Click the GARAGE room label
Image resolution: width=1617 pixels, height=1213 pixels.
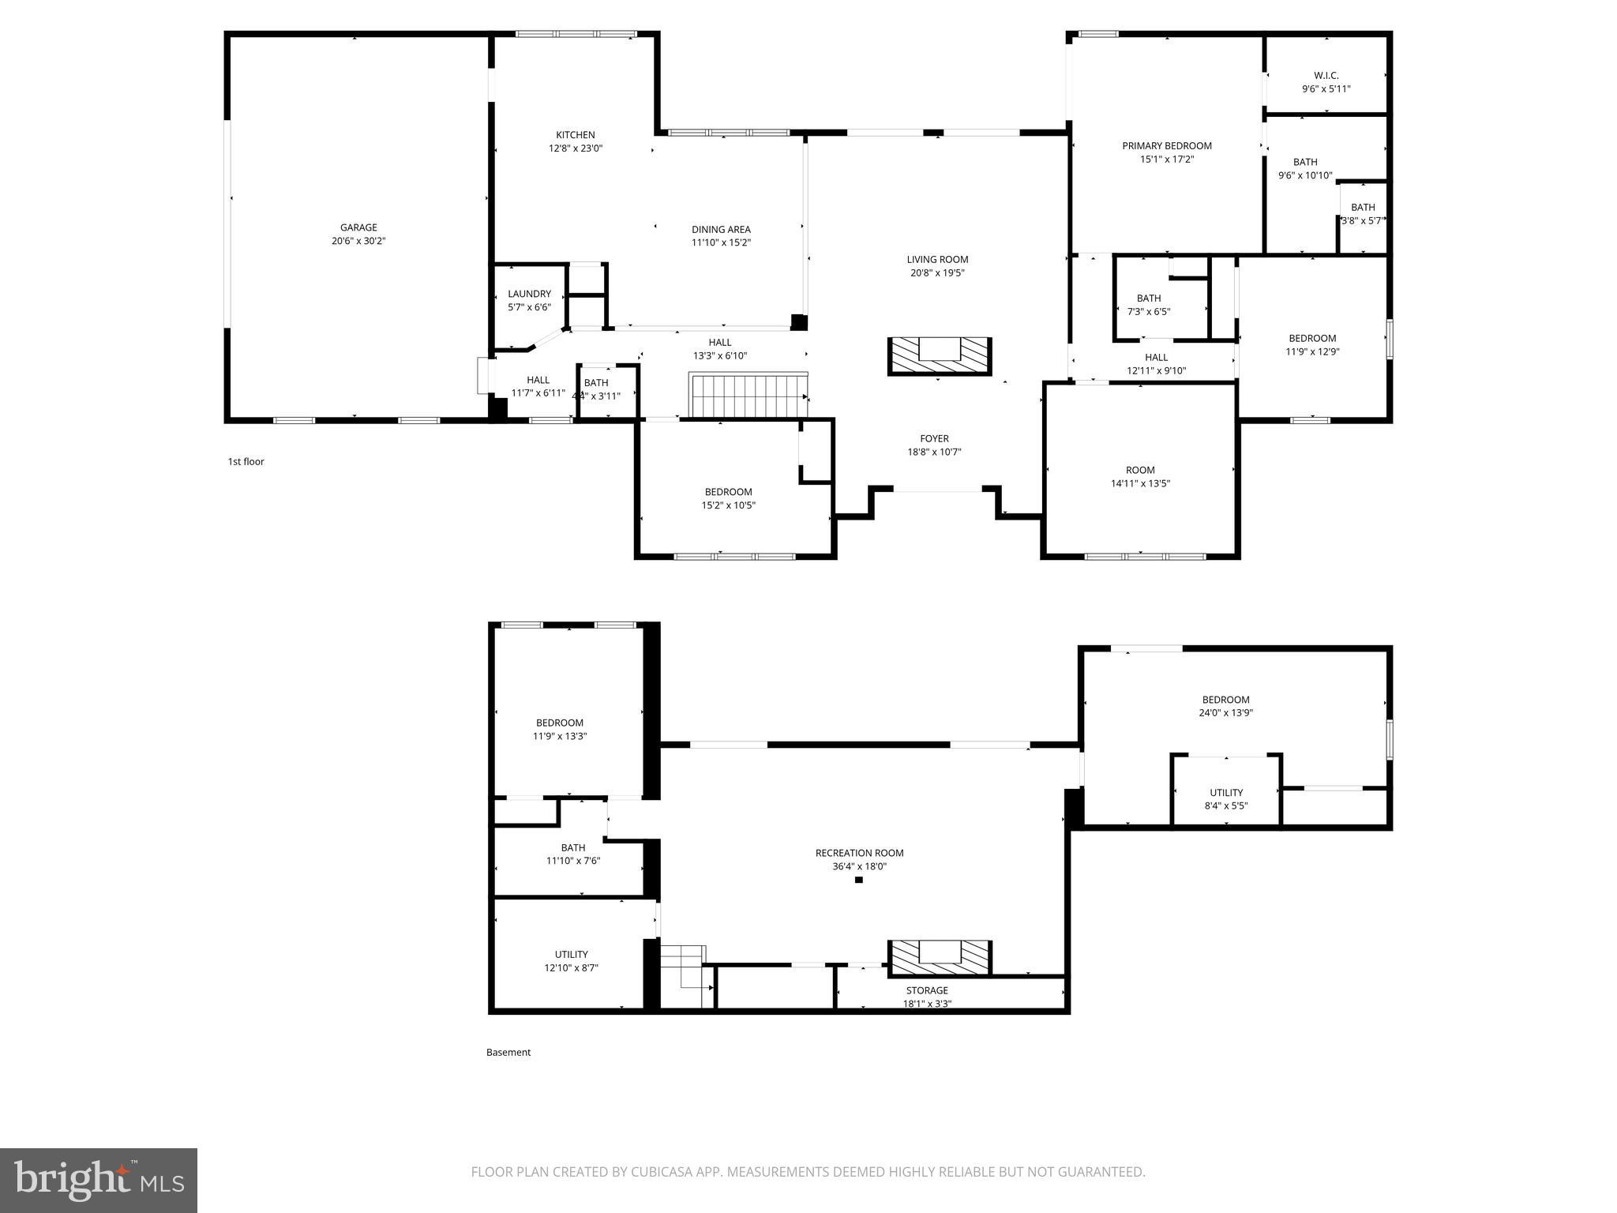click(x=358, y=227)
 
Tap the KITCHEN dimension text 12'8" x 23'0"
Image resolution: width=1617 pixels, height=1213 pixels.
click(x=576, y=148)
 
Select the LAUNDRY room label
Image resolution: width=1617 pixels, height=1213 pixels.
click(x=529, y=294)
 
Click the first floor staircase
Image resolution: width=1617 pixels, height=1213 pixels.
click(x=748, y=396)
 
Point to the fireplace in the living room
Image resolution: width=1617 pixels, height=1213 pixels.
click(x=939, y=356)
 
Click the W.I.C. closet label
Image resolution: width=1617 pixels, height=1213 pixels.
click(x=1326, y=76)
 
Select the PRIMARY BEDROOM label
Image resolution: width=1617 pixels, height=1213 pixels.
click(x=1166, y=145)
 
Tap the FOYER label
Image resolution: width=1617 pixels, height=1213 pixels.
click(x=934, y=438)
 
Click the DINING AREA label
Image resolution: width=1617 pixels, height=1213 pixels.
click(x=721, y=230)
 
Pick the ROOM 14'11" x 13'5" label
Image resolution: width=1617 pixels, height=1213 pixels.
click(x=1140, y=476)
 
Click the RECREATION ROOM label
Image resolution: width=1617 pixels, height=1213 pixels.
click(x=859, y=853)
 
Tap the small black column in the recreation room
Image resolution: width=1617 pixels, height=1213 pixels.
click(x=859, y=880)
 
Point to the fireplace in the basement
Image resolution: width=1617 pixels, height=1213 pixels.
click(x=939, y=957)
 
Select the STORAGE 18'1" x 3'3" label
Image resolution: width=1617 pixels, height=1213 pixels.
click(x=927, y=997)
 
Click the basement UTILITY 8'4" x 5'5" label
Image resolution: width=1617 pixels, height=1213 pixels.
click(x=1225, y=799)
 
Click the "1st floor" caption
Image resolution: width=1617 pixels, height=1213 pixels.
click(x=246, y=462)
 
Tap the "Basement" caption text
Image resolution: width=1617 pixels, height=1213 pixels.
click(x=508, y=1053)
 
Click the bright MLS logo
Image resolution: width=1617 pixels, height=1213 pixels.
click(x=99, y=1180)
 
